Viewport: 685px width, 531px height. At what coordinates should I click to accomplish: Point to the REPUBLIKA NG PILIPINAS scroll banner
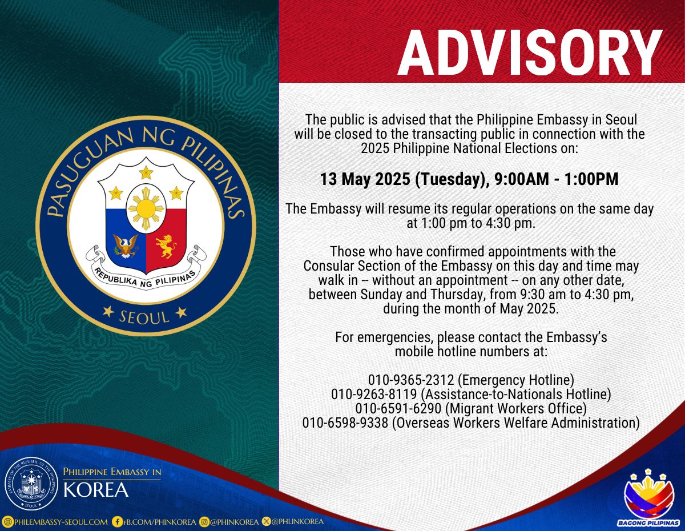pyautogui.click(x=146, y=275)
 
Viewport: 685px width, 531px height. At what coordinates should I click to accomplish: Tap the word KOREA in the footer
pyautogui.click(x=96, y=490)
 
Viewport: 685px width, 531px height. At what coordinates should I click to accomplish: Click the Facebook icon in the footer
pyautogui.click(x=117, y=521)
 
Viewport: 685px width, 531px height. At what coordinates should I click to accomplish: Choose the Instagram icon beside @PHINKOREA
pyautogui.click(x=203, y=521)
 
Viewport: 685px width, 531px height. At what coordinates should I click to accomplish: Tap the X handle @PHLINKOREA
pyautogui.click(x=297, y=521)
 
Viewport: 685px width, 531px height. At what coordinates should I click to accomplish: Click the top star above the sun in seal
pyautogui.click(x=146, y=172)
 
